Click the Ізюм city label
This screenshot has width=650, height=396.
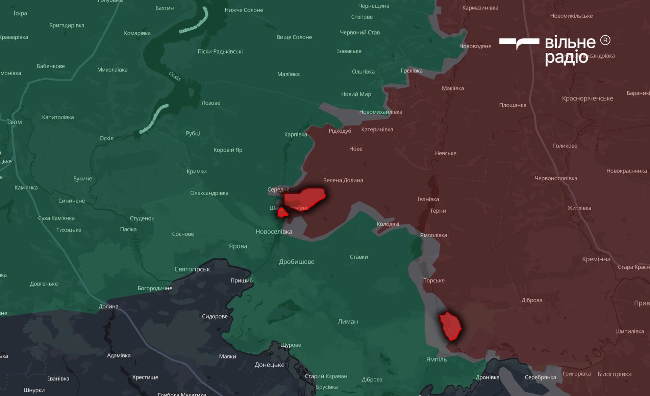[14, 122]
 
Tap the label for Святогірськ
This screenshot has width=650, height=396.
[192, 269]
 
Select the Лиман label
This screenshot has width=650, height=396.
[348, 321]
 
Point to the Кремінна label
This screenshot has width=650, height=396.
[596, 259]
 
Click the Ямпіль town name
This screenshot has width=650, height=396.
[436, 359]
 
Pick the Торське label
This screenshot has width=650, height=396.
[434, 280]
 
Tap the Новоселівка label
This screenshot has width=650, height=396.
[274, 232]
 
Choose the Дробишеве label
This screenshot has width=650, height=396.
[296, 262]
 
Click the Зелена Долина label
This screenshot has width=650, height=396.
[343, 180]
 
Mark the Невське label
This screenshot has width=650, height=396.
[445, 153]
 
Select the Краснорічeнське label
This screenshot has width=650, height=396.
[587, 98]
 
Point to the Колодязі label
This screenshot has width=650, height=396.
[387, 224]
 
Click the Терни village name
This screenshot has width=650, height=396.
[438, 211]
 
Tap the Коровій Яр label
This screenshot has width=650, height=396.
[228, 150]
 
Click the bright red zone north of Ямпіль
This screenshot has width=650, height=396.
[450, 326]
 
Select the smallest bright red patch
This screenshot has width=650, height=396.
[282, 213]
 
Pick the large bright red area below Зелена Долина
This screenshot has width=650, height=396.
[304, 199]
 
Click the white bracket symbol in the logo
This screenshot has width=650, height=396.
[519, 43]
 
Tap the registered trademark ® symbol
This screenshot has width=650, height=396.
[605, 41]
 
